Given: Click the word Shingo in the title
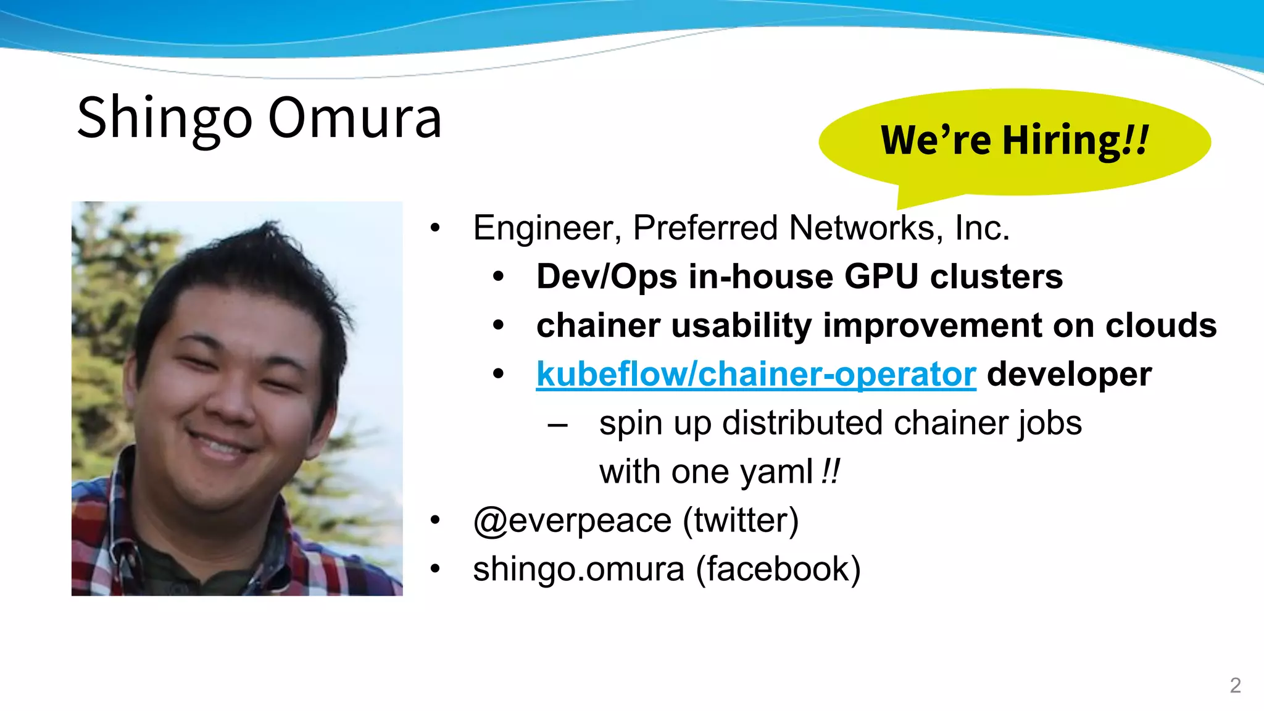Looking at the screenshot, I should (164, 118).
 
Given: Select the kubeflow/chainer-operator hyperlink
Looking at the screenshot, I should (756, 375).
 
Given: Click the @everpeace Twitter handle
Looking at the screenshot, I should (572, 520).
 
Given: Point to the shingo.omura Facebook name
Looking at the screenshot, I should (578, 569).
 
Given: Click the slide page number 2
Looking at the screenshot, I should (1235, 685).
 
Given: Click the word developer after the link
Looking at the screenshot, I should (1069, 375).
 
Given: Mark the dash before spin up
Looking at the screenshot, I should (557, 425).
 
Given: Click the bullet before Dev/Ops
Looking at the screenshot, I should (499, 277).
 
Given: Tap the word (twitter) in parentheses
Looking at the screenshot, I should (741, 520).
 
